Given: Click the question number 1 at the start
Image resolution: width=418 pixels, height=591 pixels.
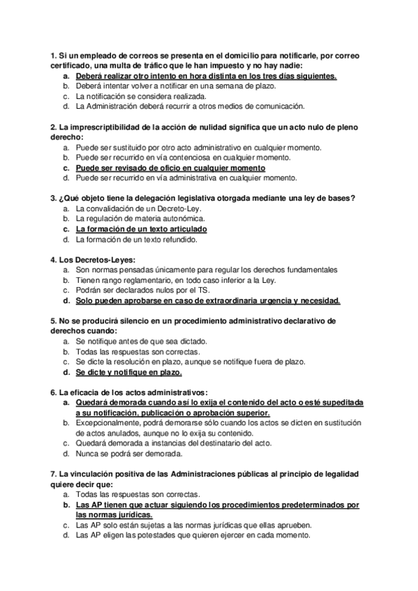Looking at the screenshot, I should coord(53,55).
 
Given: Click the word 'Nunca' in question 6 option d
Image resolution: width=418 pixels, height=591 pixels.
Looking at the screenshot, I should coord(87,454).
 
